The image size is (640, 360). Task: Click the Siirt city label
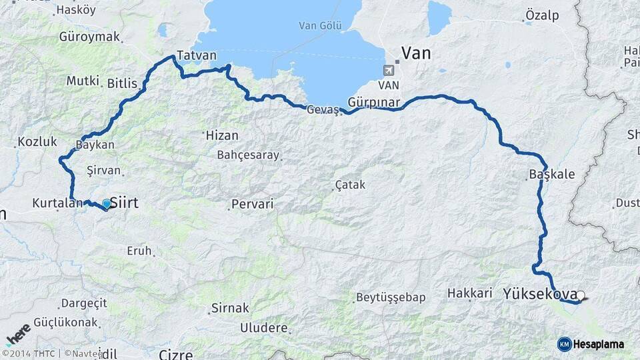point(124,202)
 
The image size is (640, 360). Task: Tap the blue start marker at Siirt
point(106,203)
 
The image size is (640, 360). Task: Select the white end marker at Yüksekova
point(581,295)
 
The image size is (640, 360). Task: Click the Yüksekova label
point(540,293)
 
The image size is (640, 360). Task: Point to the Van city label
point(416,53)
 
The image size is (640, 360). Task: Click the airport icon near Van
point(389,69)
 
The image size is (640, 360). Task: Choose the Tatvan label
point(195,57)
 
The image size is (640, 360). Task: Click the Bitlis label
point(122,83)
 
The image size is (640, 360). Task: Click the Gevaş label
point(323,110)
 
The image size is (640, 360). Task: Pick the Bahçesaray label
point(248,155)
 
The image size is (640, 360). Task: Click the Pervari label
point(252,204)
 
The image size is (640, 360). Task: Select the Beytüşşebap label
point(391,297)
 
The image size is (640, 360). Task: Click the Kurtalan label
point(57,202)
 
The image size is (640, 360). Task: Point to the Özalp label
point(542,15)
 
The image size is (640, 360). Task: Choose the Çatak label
point(350,185)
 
